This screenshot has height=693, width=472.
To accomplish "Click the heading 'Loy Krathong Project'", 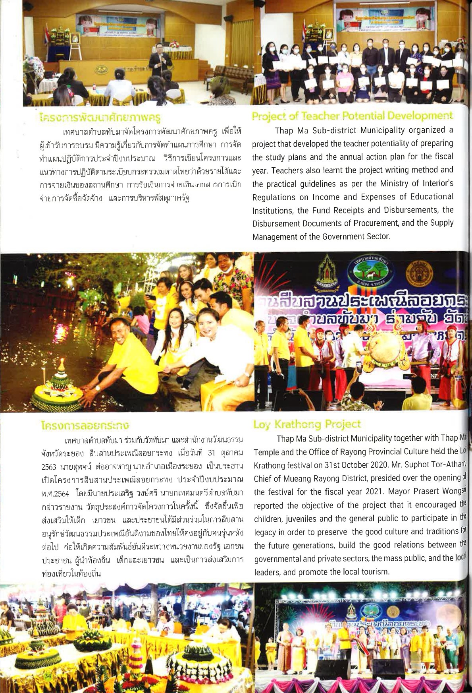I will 307,424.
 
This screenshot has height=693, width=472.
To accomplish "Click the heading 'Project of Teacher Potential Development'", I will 352,116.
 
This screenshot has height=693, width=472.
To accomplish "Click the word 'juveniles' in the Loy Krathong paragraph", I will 299,519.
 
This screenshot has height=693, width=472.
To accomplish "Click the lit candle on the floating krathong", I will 62,363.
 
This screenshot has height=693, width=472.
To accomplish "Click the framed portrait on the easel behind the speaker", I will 74,40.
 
